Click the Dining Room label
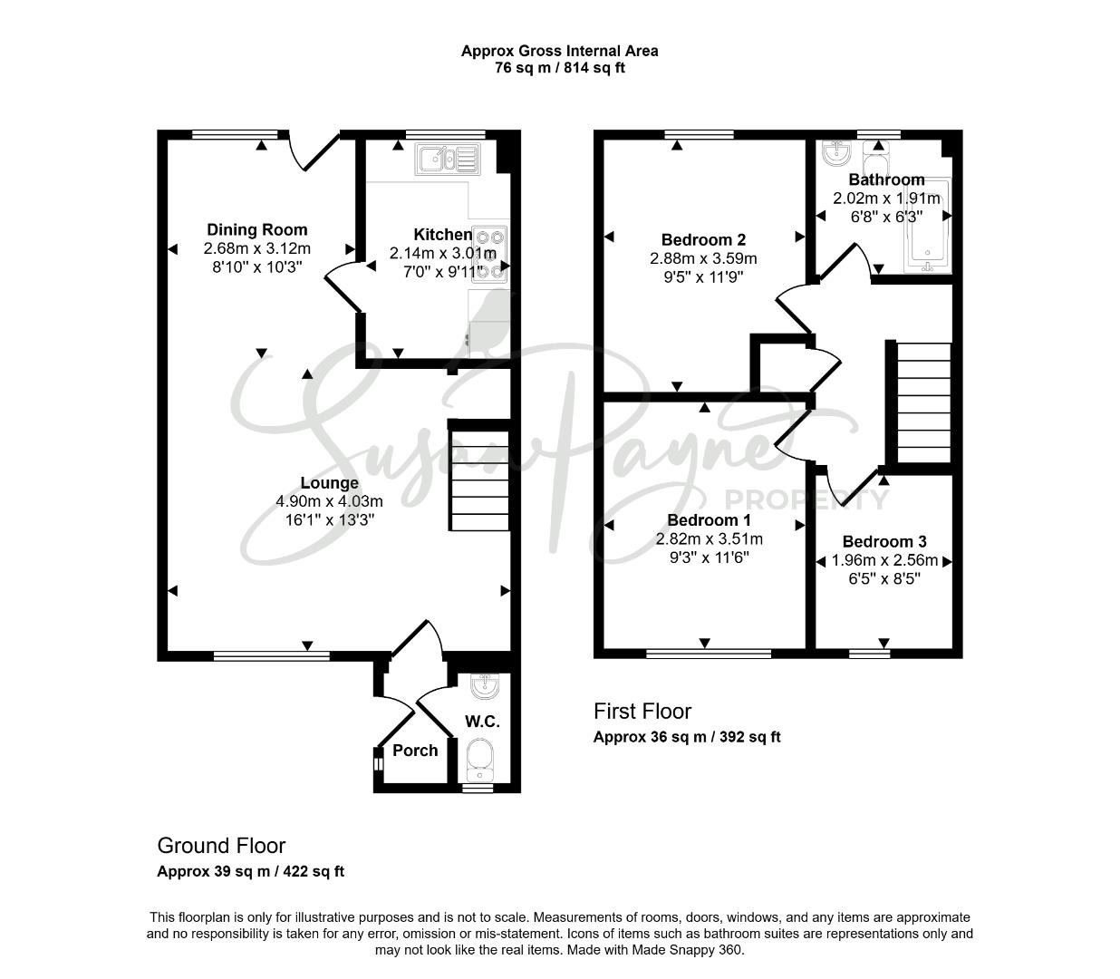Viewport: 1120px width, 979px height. (256, 229)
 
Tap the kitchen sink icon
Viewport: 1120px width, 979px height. (448, 160)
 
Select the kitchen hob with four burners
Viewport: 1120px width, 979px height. (489, 254)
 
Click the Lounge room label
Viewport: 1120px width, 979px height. (330, 482)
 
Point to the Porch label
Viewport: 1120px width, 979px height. (415, 751)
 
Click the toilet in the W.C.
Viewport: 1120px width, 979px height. (480, 760)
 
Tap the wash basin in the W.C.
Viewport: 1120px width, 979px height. (485, 686)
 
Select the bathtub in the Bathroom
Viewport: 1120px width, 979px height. (928, 225)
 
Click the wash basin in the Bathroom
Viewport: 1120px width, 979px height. (835, 152)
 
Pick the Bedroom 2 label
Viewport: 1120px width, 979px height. (703, 239)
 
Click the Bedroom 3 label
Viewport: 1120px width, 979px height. (884, 541)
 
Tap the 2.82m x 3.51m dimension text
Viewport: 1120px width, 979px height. (709, 539)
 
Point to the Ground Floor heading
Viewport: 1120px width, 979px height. (221, 846)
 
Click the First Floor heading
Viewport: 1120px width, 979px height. (642, 712)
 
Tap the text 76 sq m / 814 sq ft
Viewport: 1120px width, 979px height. (559, 68)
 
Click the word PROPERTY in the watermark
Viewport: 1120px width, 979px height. (806, 499)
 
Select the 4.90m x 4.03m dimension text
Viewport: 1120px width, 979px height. (330, 501)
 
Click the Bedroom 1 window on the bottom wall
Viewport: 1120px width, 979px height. (709, 654)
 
